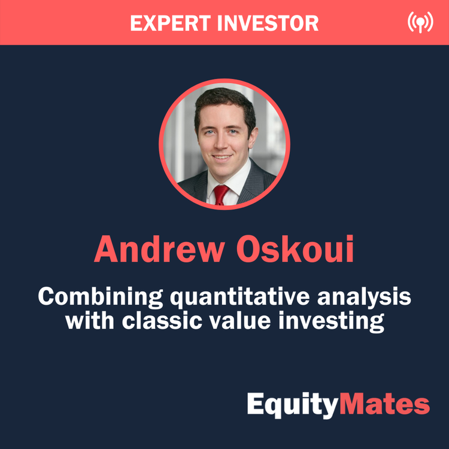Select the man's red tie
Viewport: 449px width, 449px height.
[221, 193]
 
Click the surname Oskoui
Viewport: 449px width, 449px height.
[296, 250]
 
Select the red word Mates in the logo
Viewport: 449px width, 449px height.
[384, 405]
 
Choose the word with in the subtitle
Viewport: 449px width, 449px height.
[85, 321]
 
